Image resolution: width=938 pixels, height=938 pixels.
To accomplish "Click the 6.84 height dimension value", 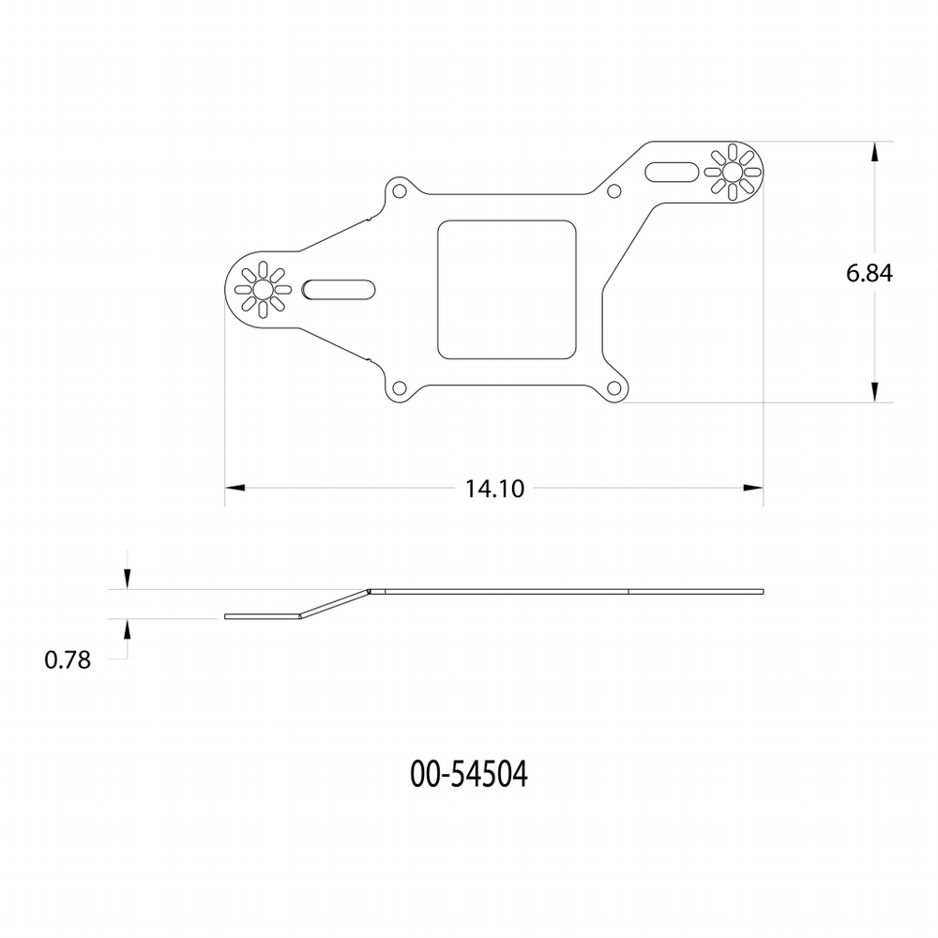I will pyautogui.click(x=868, y=273).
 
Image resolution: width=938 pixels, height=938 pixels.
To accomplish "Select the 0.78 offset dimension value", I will pyautogui.click(x=68, y=659).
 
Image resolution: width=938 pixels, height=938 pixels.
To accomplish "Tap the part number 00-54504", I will pyautogui.click(x=469, y=775).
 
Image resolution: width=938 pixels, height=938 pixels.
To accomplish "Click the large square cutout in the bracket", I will pyautogui.click(x=507, y=289).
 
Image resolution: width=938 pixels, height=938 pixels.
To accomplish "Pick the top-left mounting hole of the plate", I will pyautogui.click(x=399, y=191).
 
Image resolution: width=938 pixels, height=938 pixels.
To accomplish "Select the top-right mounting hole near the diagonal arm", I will pyautogui.click(x=614, y=192).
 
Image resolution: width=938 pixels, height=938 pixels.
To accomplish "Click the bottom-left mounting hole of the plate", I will pyautogui.click(x=399, y=388).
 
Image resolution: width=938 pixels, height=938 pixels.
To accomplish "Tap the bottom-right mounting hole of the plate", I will pyautogui.click(x=615, y=388).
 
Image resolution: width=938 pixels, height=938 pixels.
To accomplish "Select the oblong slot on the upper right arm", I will pyautogui.click(x=672, y=173).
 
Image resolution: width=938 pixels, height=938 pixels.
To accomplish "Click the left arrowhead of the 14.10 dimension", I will pyautogui.click(x=234, y=488).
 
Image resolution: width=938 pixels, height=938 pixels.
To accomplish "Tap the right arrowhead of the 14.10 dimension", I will pyautogui.click(x=753, y=488).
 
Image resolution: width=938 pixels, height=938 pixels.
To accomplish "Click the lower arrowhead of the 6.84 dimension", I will pyautogui.click(x=874, y=392).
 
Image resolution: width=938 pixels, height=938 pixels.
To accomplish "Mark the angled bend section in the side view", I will pyautogui.click(x=335, y=604).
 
